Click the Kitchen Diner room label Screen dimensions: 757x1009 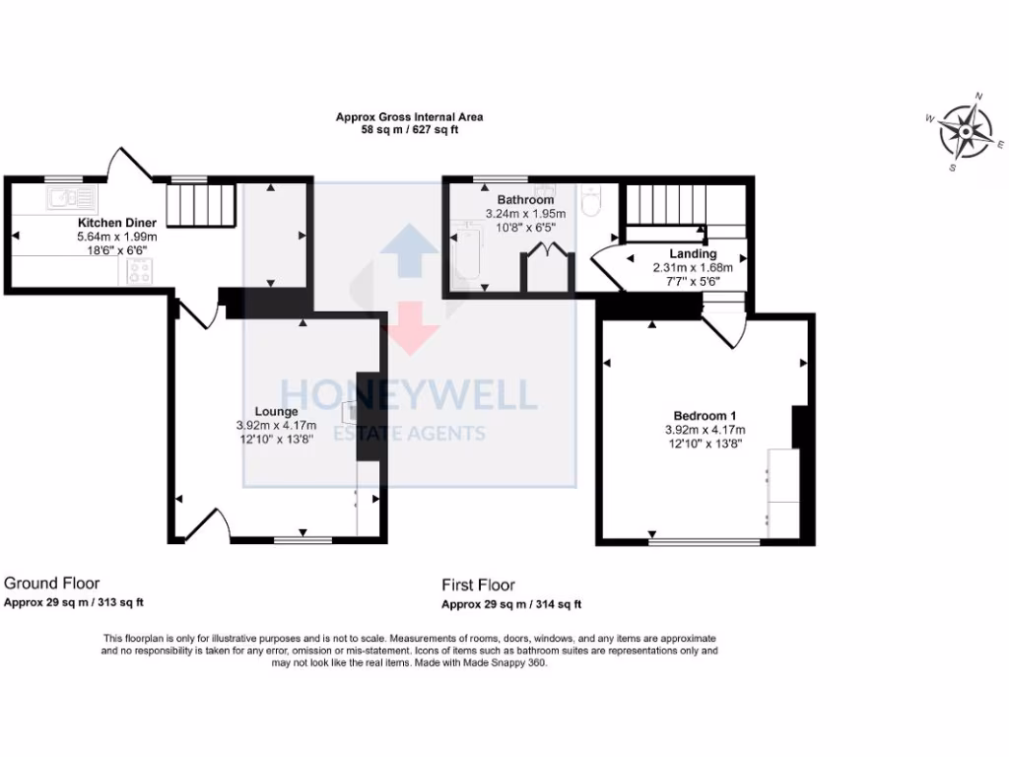coord(117,223)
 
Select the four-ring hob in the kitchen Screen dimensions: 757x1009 coord(139,273)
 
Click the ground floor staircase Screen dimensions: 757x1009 coord(200,204)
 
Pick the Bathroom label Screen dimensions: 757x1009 coord(517,200)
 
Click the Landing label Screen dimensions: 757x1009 coord(692,253)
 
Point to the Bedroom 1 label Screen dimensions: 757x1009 coord(705,415)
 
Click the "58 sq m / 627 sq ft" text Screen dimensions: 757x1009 coord(409,129)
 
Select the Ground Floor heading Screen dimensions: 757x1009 coord(52,584)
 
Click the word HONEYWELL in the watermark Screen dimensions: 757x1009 coord(409,394)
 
